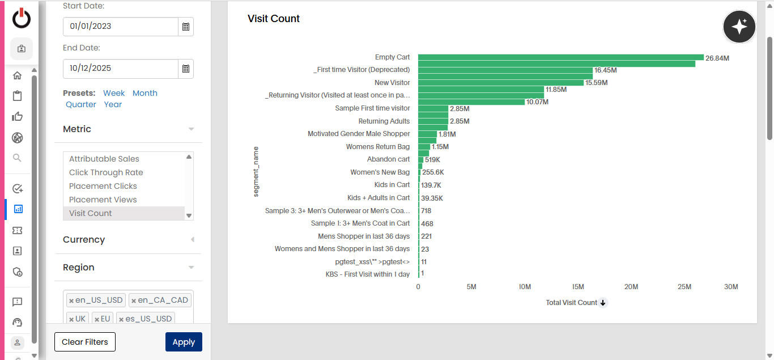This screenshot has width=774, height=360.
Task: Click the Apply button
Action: tap(184, 342)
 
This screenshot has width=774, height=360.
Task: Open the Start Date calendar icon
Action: tap(185, 27)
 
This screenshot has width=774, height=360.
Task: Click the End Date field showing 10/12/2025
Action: tap(121, 69)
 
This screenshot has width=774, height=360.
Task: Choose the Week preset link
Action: tap(114, 93)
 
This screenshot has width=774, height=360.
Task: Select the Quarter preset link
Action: tap(81, 104)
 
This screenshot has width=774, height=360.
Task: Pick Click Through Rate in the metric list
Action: tap(106, 172)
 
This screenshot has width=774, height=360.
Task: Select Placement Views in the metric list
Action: tap(103, 200)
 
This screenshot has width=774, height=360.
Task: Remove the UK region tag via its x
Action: tap(71, 319)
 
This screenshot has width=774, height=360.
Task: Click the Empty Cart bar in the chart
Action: tap(560, 57)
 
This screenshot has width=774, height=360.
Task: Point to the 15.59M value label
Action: tap(596, 83)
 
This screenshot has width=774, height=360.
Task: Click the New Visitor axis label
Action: tap(392, 83)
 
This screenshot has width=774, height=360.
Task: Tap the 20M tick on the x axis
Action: tap(631, 287)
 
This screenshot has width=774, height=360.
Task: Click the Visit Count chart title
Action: tap(274, 19)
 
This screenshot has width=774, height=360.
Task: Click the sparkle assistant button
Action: tap(739, 27)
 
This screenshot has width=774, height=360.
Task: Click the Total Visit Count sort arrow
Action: tap(603, 303)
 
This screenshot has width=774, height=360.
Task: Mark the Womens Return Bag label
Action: tap(378, 147)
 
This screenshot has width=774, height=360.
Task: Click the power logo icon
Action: tap(22, 18)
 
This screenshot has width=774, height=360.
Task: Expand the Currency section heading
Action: tap(84, 239)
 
